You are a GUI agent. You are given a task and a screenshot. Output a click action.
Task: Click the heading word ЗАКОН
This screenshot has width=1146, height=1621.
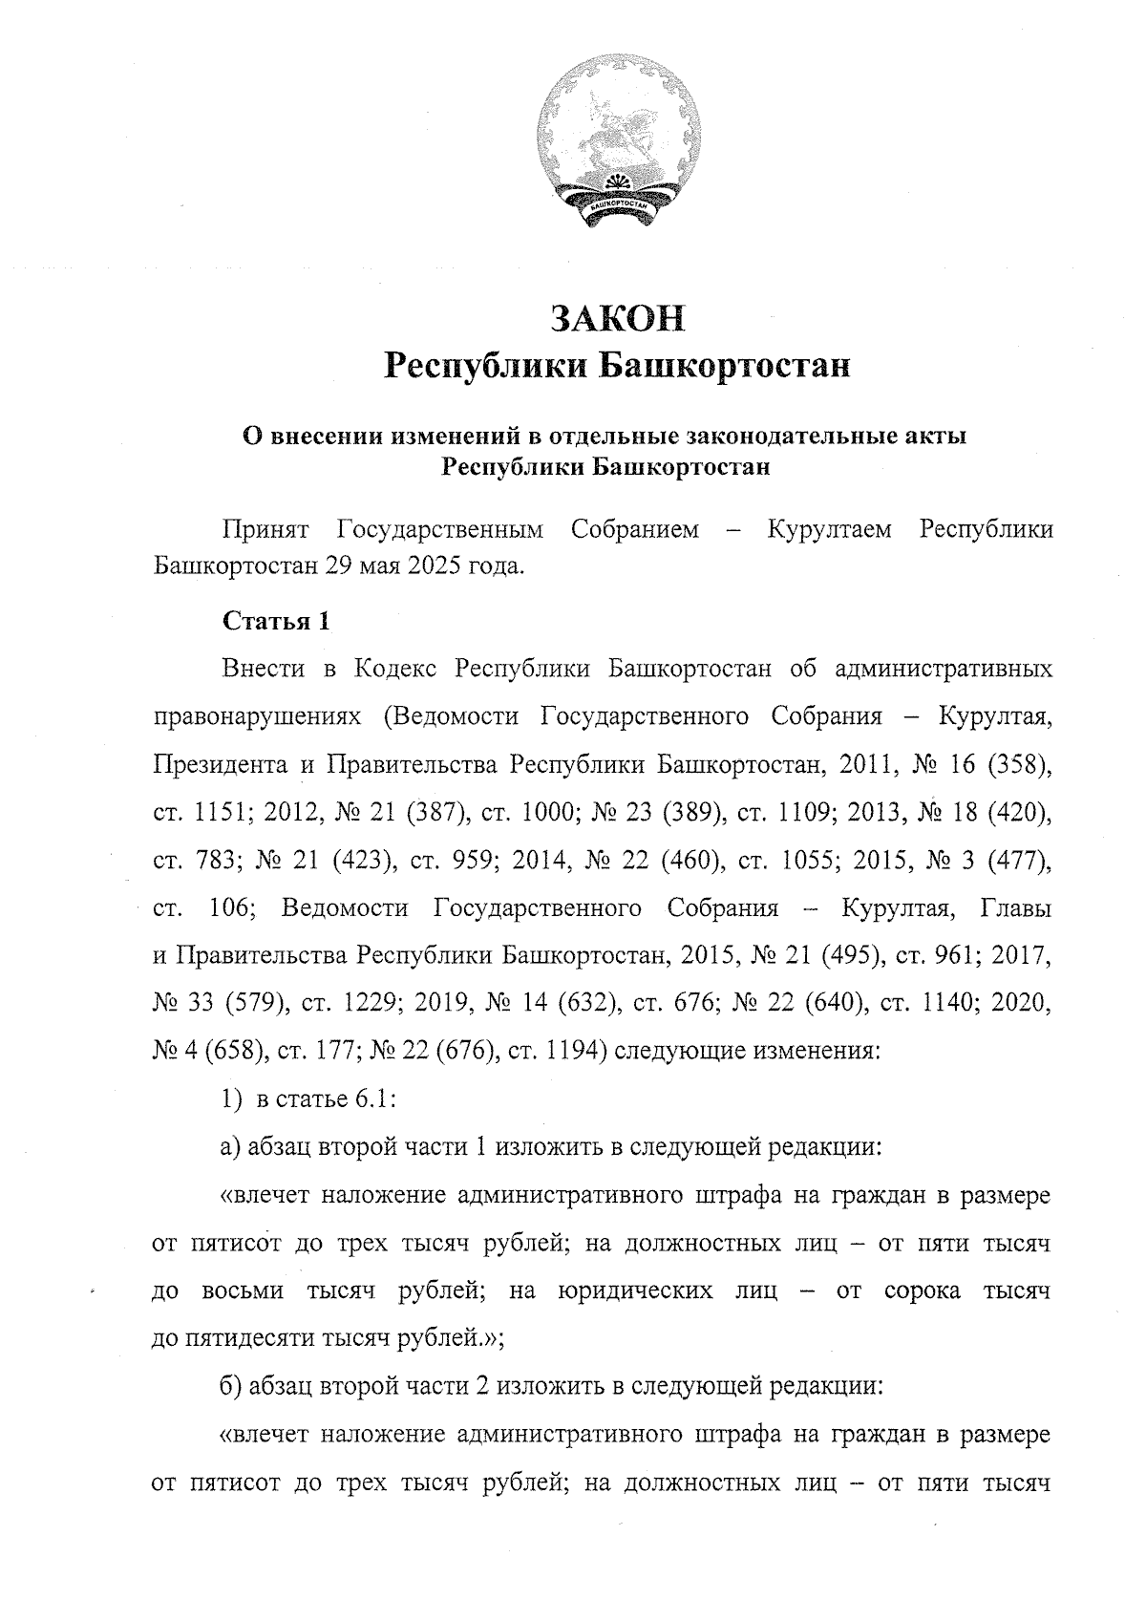tap(619, 317)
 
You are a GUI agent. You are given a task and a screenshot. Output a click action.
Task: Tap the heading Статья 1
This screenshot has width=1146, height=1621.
tap(276, 621)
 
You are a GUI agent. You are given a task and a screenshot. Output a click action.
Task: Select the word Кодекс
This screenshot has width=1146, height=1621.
tap(395, 668)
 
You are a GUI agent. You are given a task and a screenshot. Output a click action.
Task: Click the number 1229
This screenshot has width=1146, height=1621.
tap(352, 1003)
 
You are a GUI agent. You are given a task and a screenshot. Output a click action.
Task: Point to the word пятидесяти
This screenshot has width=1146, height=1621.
tap(252, 1337)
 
